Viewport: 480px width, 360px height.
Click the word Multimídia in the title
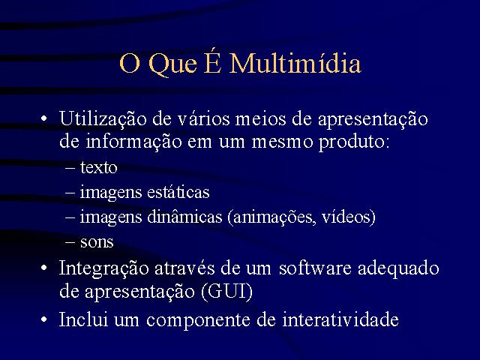pyautogui.click(x=295, y=63)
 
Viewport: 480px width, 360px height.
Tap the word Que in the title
pyautogui.click(x=172, y=64)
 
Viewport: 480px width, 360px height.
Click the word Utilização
pyautogui.click(x=103, y=119)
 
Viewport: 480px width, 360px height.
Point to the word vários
pyautogui.click(x=203, y=118)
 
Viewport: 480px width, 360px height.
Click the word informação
pyautogui.click(x=133, y=141)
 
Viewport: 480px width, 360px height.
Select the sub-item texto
pyautogui.click(x=98, y=167)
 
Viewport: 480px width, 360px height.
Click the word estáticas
pyautogui.click(x=178, y=192)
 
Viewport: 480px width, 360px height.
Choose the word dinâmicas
pyautogui.click(x=184, y=217)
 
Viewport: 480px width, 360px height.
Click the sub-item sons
pyautogui.click(x=97, y=242)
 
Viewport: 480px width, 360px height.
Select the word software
pyautogui.click(x=315, y=268)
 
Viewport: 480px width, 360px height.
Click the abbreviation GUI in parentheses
pyautogui.click(x=227, y=291)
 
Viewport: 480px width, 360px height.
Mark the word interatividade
pyautogui.click(x=340, y=319)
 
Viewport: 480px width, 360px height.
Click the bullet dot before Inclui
pyautogui.click(x=44, y=319)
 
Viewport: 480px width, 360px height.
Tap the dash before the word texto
pyautogui.click(x=70, y=168)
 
